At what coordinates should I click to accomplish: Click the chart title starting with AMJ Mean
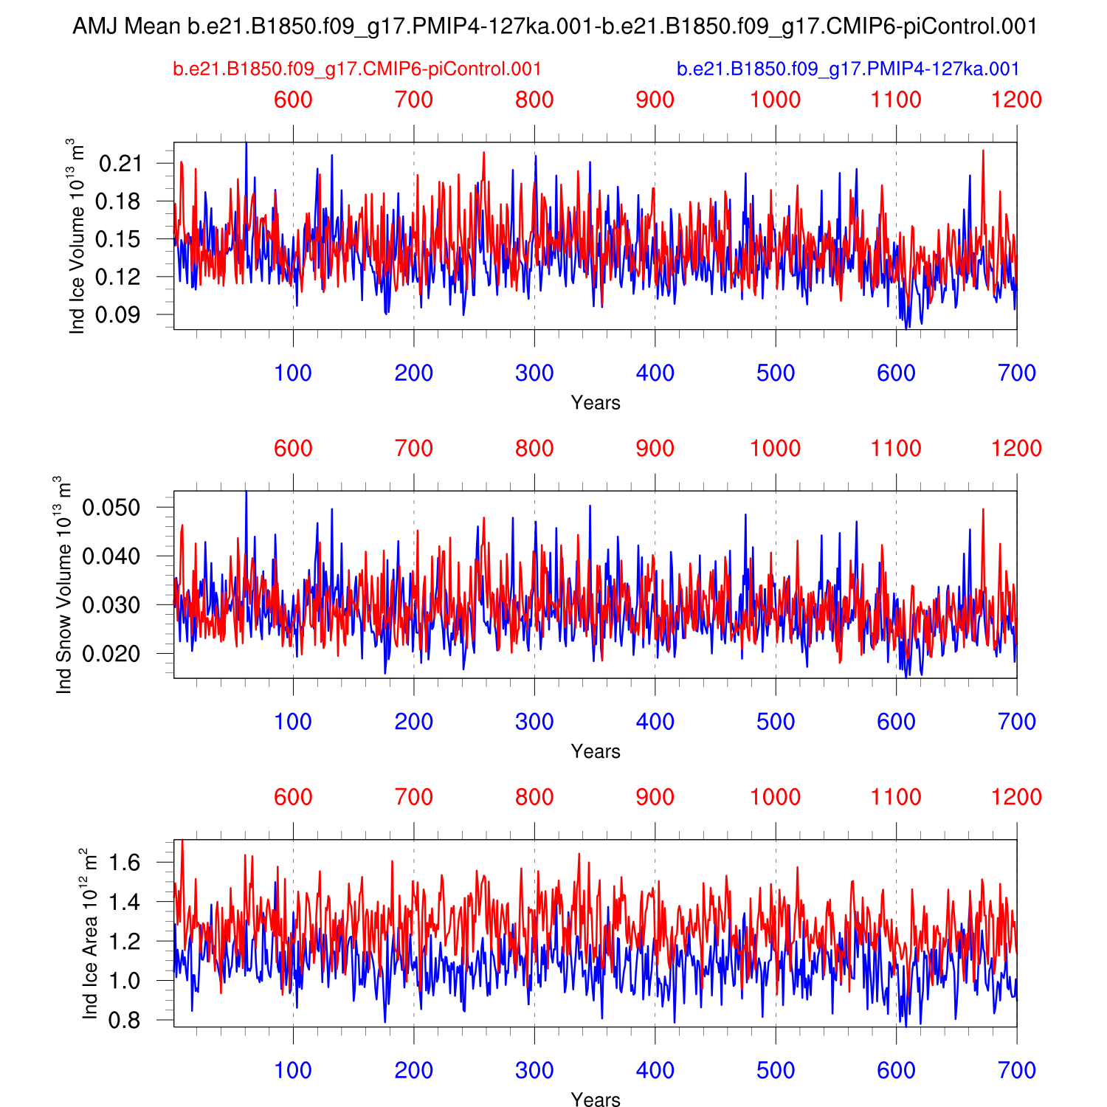tap(554, 27)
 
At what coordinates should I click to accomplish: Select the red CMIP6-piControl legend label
tap(357, 69)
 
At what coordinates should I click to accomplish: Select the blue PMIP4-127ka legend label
tap(848, 69)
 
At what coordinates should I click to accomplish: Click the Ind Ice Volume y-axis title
tap(77, 236)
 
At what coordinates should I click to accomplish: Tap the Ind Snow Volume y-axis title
tap(64, 584)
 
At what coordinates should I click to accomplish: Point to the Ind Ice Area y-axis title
tap(89, 934)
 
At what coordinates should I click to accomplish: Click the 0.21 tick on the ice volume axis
tap(120, 163)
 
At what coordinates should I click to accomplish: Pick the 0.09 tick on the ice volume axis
tap(120, 315)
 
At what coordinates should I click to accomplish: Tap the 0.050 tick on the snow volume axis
tap(111, 508)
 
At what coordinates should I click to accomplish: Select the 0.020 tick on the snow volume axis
tap(111, 654)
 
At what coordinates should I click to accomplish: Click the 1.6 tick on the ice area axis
tap(125, 862)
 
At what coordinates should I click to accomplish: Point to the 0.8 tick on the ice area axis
tap(125, 1021)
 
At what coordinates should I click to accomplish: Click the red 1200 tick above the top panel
tap(1016, 100)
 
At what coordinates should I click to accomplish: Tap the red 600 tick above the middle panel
tap(293, 449)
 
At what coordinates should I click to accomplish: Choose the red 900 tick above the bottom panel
tap(655, 797)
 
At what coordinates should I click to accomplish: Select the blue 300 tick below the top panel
tap(534, 373)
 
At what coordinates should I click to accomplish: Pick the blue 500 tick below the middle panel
tap(776, 722)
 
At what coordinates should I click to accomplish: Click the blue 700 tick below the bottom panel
tap(1016, 1071)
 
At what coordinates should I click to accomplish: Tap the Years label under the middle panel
tap(596, 751)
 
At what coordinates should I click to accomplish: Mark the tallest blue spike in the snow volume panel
tap(246, 492)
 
